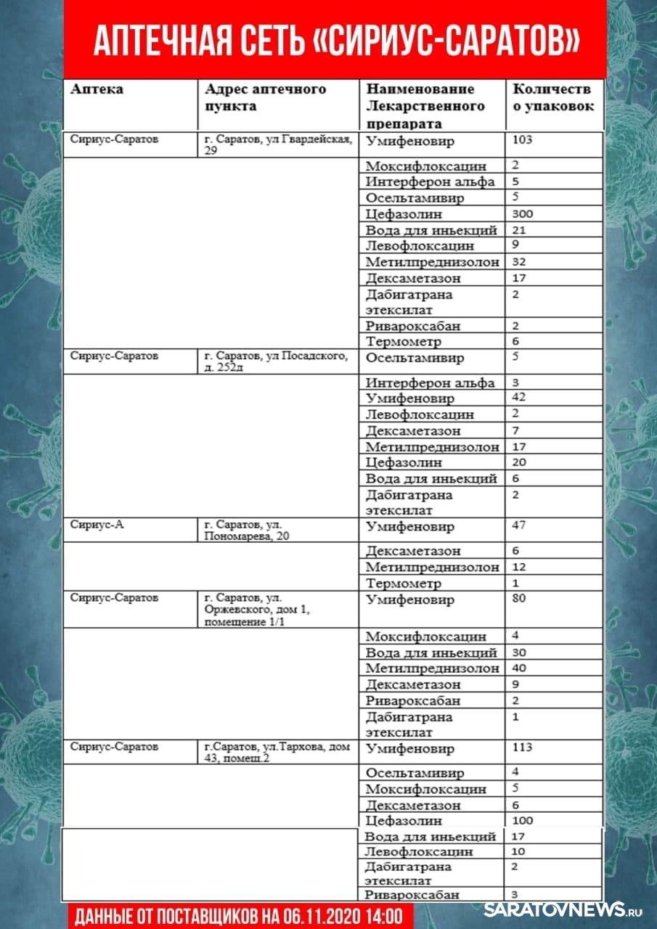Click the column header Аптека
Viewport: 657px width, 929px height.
[x=97, y=89]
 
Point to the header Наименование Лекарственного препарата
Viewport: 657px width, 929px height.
[x=425, y=106]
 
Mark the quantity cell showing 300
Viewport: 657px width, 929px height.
[x=523, y=214]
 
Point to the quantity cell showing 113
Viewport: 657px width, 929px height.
[x=522, y=748]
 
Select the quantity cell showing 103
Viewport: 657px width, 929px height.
[x=522, y=139]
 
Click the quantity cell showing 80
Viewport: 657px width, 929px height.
[x=519, y=599]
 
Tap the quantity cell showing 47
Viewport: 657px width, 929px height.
[x=519, y=525]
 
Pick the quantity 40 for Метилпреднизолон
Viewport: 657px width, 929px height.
[x=520, y=668]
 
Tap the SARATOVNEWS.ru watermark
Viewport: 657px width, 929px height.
[x=563, y=909]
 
